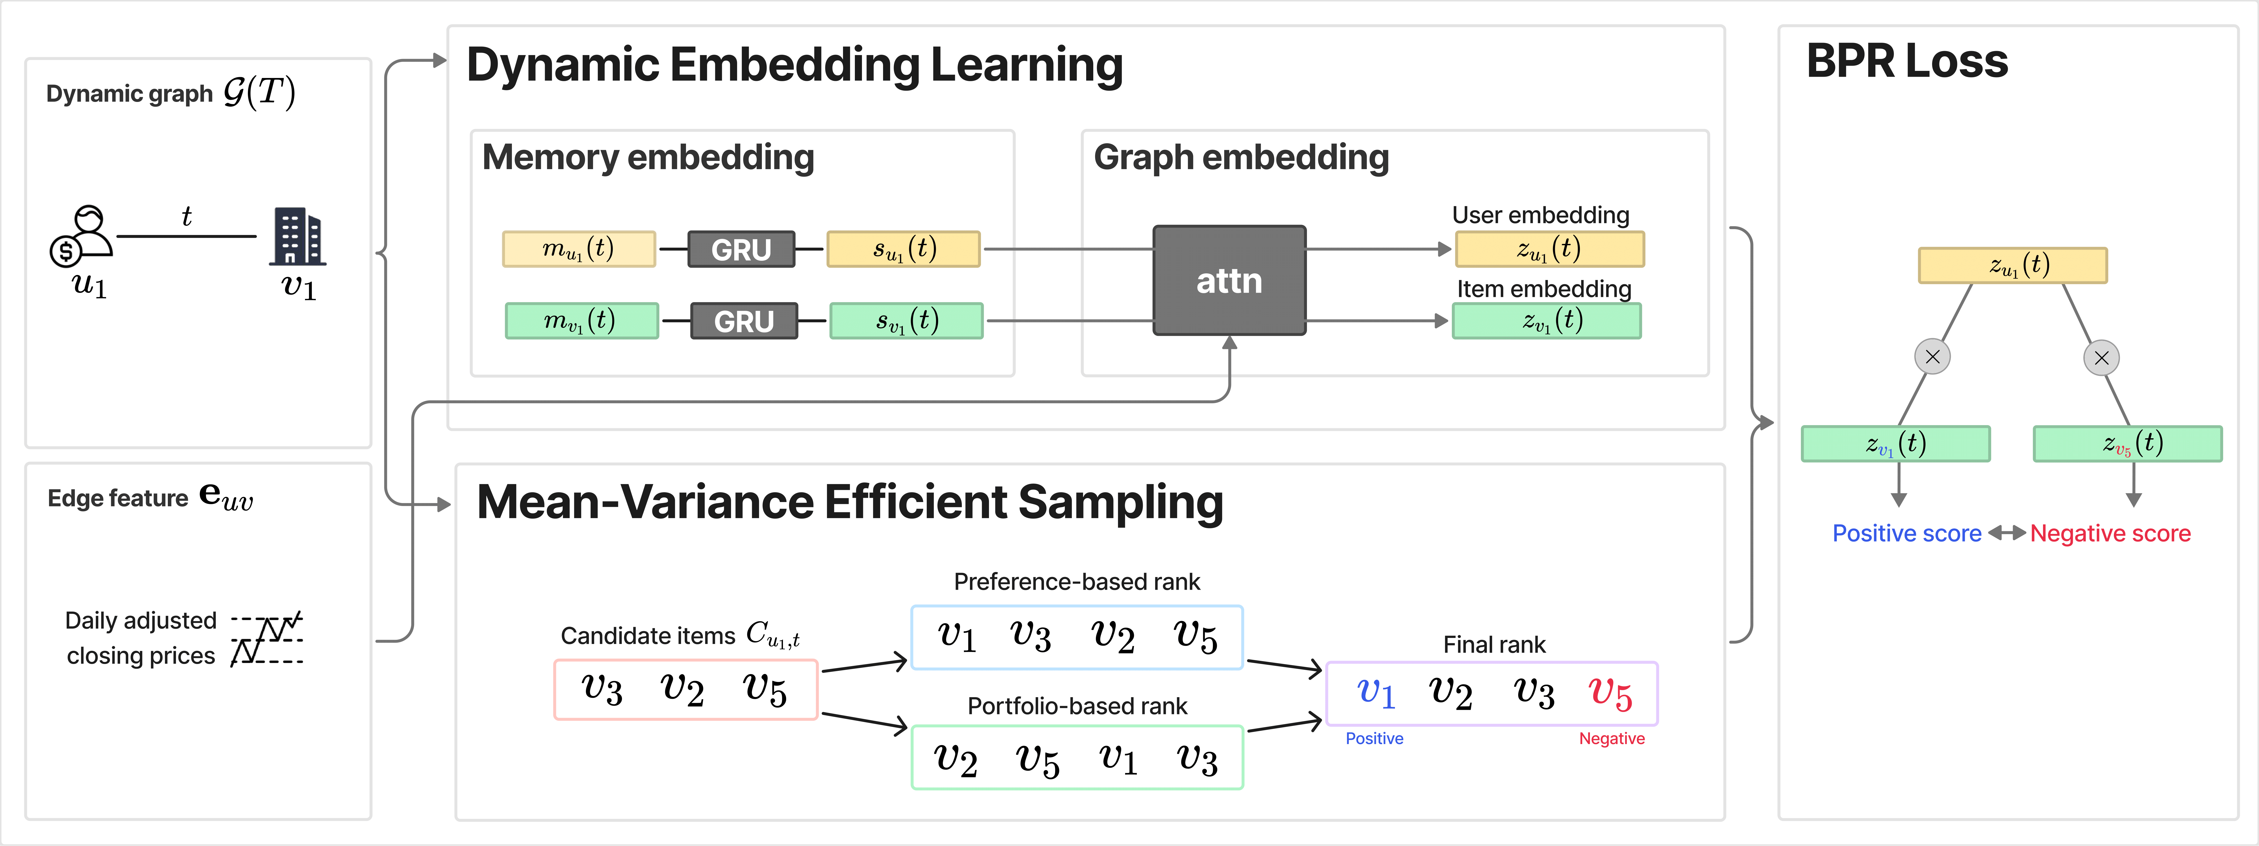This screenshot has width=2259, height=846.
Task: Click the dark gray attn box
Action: (x=1229, y=281)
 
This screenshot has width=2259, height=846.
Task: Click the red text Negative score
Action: (x=2110, y=533)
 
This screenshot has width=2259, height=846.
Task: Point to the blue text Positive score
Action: (x=1907, y=533)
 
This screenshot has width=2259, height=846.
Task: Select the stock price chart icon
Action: (x=267, y=638)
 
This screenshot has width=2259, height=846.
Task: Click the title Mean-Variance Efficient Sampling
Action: (x=849, y=502)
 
